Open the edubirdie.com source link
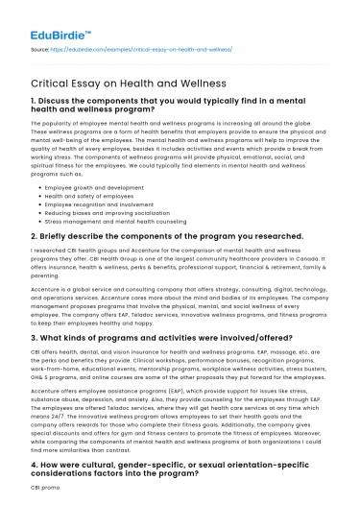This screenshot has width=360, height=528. (x=146, y=46)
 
